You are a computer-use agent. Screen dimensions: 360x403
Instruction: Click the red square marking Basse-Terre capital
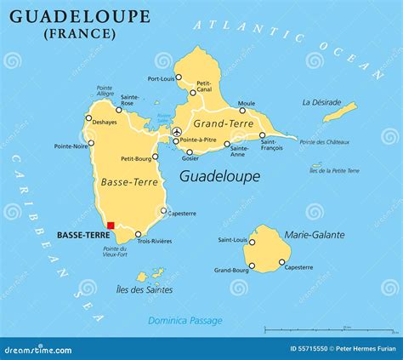[111, 226]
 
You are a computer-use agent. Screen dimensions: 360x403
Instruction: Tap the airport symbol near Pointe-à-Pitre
[177, 132]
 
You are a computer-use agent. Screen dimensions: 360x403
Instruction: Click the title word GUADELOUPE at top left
[81, 17]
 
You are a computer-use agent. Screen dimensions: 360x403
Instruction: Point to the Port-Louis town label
[162, 78]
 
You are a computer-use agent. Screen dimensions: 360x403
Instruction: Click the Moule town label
[247, 103]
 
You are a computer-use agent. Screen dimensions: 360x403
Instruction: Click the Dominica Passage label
[185, 321]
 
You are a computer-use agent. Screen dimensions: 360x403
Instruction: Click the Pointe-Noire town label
[71, 146]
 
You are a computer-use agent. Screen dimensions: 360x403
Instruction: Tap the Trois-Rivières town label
[155, 241]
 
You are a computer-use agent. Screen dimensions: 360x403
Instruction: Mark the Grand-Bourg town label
[231, 271]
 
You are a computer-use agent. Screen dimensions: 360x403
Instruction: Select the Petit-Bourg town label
[137, 158]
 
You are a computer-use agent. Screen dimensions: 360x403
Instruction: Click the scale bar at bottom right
[307, 328]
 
